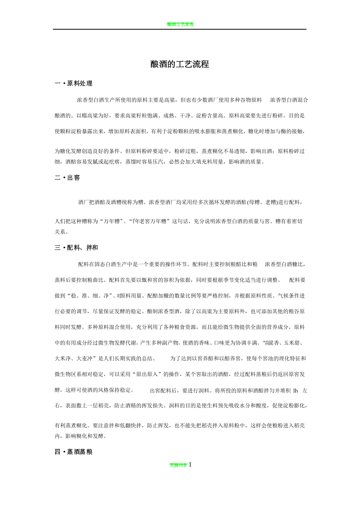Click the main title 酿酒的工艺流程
pos(180,65)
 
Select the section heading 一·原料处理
pos(74,83)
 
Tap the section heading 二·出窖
pos(67,178)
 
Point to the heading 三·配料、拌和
pos(76,247)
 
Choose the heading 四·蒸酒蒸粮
pos(74,452)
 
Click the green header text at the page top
pos(180,24)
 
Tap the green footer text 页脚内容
pos(178,465)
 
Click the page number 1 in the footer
pos(190,464)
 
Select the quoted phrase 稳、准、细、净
pos(90,296)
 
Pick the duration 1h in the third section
pos(295,390)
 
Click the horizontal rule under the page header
pos(180,29)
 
